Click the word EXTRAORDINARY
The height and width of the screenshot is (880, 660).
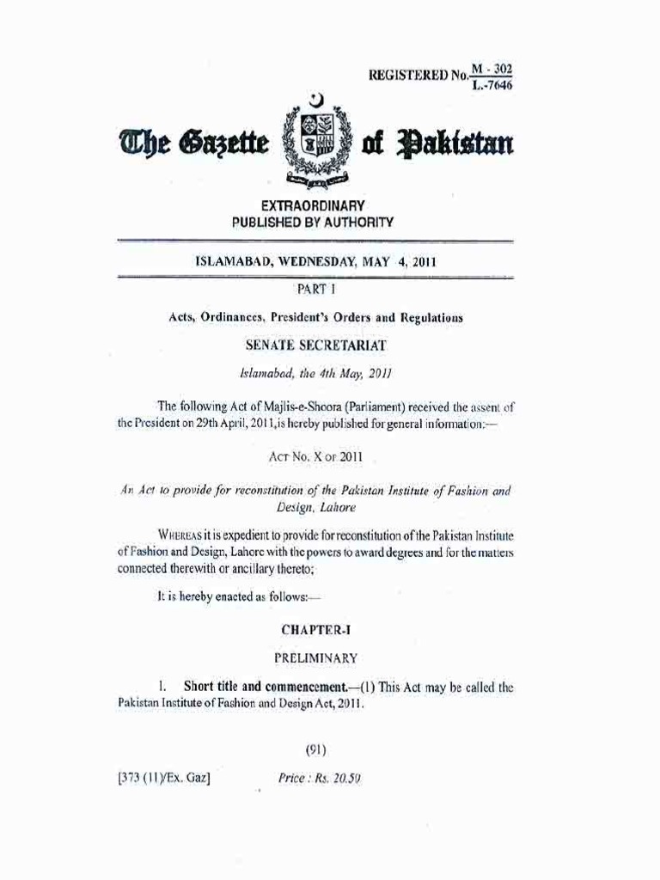pos(314,206)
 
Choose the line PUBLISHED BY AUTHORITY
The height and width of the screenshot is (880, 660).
pos(314,222)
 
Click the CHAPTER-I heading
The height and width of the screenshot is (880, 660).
pos(314,630)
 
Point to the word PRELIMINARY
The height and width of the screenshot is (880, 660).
pos(314,658)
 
